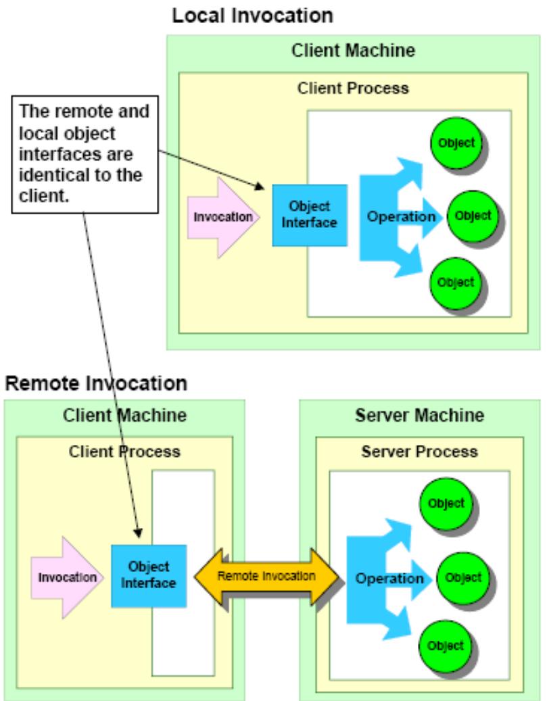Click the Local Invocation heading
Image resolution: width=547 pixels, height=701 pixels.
pos(253,16)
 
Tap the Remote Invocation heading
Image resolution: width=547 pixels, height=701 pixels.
pos(96,383)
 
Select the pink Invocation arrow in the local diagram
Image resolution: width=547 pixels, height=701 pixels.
pos(223,217)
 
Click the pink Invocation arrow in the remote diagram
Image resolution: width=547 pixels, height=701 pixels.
pos(67,577)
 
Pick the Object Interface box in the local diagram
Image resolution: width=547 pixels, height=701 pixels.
pos(310,215)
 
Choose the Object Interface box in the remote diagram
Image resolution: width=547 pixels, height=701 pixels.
pos(149,575)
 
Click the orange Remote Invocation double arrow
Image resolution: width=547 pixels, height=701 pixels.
pos(266,577)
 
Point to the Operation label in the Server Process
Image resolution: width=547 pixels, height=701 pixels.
pos(389,579)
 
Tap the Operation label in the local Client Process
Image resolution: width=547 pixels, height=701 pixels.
pos(401,217)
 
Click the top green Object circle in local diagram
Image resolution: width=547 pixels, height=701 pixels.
pos(456,143)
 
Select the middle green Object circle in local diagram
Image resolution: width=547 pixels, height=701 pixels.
pos(473,216)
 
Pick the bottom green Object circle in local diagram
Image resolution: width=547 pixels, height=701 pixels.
pos(456,283)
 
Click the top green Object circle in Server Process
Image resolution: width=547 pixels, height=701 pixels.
pos(446,504)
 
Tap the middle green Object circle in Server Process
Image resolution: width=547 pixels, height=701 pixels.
pos(463,577)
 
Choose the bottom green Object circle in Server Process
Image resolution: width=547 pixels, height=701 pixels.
pos(446,646)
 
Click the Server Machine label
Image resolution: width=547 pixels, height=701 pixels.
pos(419,415)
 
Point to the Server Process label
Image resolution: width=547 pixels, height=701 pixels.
pos(419,452)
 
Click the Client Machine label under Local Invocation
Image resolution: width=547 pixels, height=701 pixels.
pos(354,50)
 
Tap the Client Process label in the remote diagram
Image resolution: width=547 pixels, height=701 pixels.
pos(124,452)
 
